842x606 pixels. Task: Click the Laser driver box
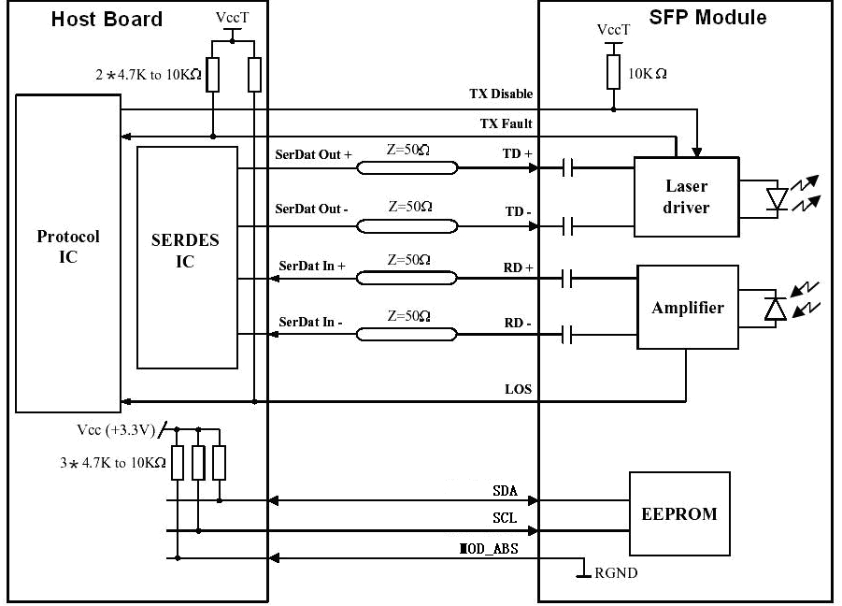coord(687,196)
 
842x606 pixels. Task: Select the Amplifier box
coord(688,308)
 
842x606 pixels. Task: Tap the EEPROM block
coord(679,513)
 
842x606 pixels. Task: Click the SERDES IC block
coord(186,257)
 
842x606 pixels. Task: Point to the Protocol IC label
coord(67,246)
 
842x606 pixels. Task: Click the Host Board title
coord(107,20)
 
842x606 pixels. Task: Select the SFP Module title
coord(707,18)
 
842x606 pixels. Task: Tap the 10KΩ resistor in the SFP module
coord(614,72)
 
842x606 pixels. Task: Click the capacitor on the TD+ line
coord(567,168)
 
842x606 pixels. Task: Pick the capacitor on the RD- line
coord(567,335)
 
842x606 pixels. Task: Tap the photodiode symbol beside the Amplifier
coord(775,310)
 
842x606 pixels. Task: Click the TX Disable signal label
coord(501,94)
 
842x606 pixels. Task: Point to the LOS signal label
coord(519,388)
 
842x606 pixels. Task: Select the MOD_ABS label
coord(488,549)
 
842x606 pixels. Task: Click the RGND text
coord(617,572)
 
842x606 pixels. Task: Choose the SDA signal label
coord(506,490)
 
